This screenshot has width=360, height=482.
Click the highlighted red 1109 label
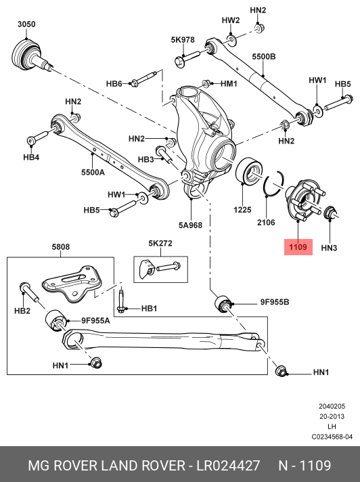coord(298,247)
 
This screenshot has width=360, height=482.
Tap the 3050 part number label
coord(26,24)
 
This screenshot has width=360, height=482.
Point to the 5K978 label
coord(183,40)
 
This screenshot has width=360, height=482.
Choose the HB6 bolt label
coord(114,84)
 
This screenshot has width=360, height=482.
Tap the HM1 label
coord(229,84)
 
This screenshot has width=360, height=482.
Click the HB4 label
coord(31,157)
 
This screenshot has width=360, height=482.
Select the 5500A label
coord(93,173)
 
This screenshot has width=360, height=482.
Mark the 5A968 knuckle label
coord(191,224)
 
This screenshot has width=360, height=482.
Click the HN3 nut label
coord(329,248)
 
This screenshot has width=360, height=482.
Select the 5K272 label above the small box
coord(160,242)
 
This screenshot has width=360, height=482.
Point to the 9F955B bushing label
coord(274,301)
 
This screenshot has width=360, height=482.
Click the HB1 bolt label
coord(149,309)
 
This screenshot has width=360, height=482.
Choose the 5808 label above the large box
coord(60,247)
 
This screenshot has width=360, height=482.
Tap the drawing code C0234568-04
coord(332,437)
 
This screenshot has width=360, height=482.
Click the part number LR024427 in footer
coord(228,466)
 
